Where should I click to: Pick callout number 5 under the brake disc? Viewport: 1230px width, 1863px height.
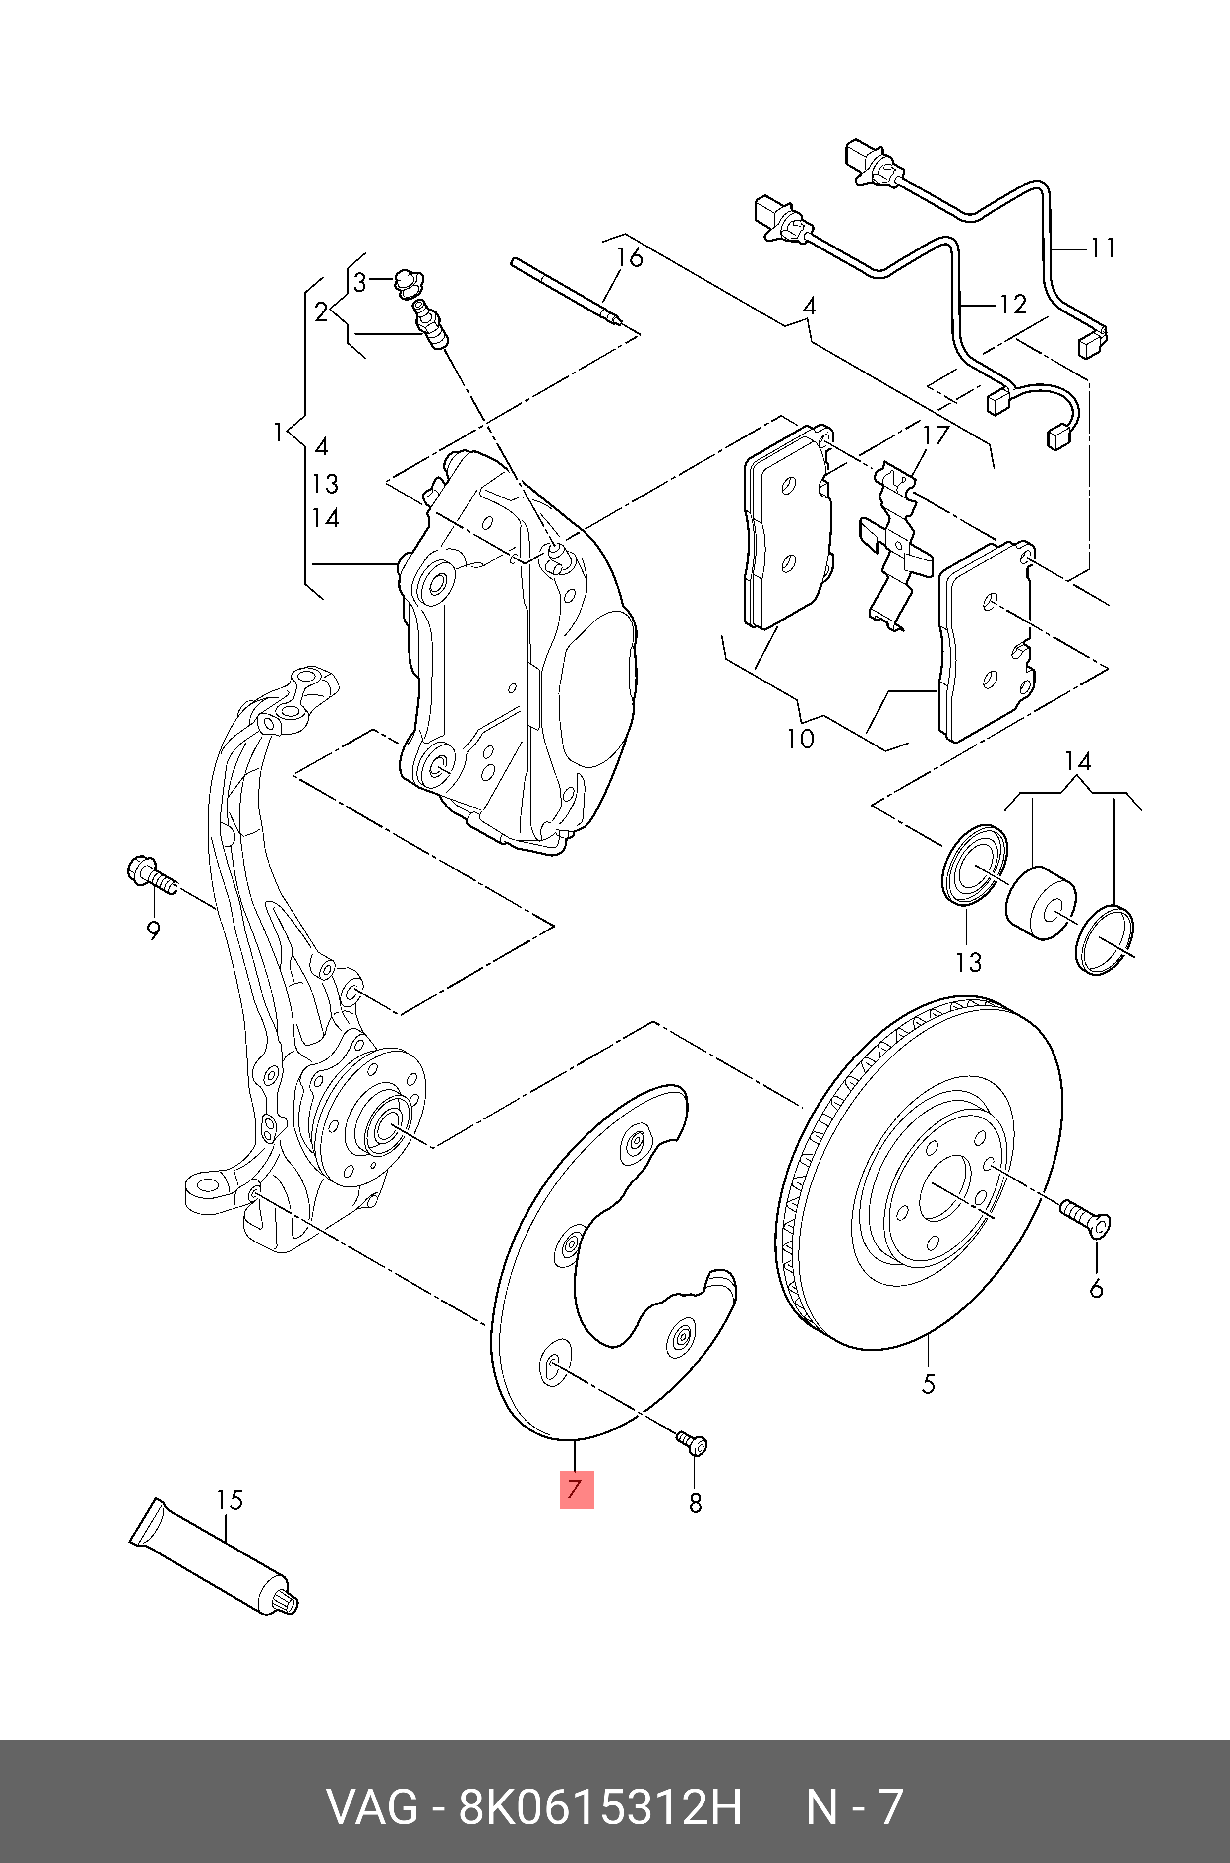[x=928, y=1383]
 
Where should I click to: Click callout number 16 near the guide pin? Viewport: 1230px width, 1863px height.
[x=629, y=258]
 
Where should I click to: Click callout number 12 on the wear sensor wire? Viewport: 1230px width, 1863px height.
[x=1013, y=304]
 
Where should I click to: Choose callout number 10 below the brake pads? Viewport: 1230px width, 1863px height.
[x=801, y=739]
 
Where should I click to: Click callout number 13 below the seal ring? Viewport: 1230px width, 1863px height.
[x=968, y=961]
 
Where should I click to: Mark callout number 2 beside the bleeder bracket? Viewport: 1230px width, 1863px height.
[x=321, y=312]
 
